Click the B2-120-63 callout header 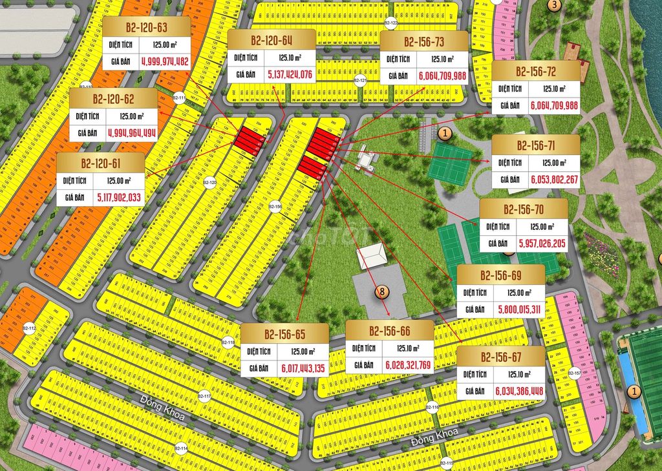pos(146,27)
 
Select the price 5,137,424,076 pos(289,75)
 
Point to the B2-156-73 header pos(423,42)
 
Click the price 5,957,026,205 pos(542,243)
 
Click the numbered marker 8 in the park pos(382,291)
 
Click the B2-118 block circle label pos(228,342)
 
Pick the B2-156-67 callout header pos(500,357)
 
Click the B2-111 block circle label pos(179,98)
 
